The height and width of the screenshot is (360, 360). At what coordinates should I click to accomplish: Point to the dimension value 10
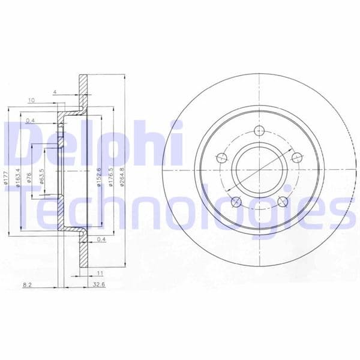31,100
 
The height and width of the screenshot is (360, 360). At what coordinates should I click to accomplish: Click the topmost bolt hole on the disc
259,132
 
